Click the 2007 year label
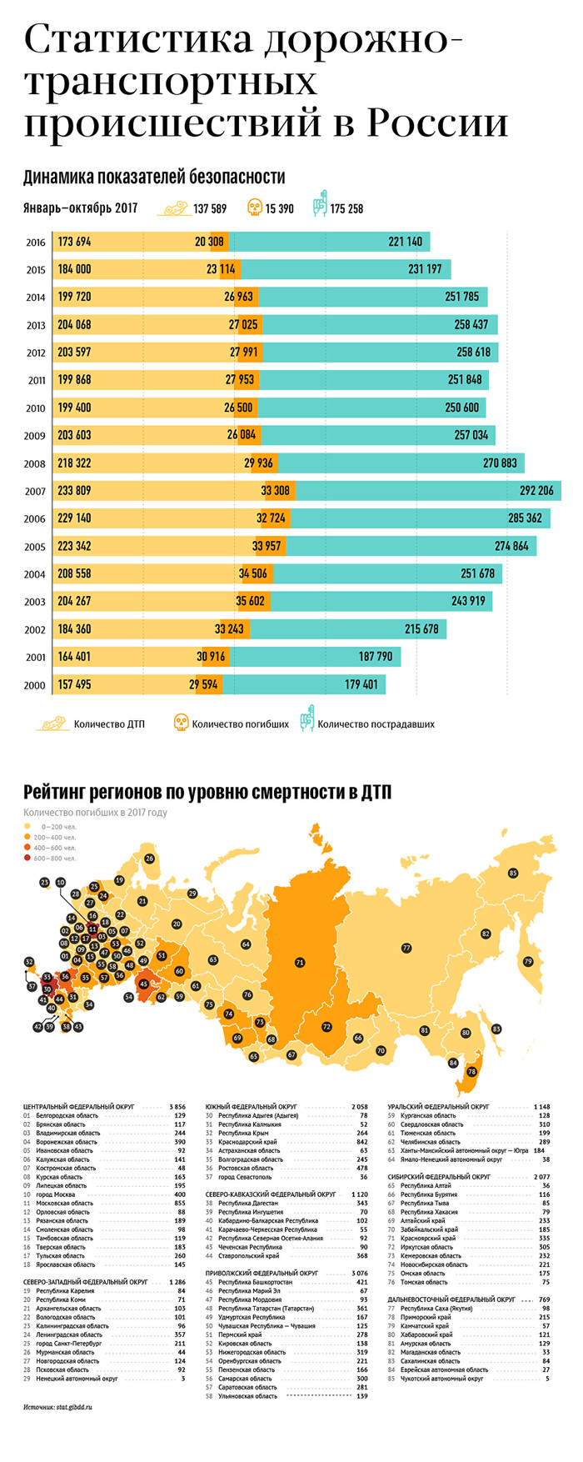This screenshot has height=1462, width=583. pyautogui.click(x=35, y=491)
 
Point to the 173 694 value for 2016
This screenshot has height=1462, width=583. pyautogui.click(x=74, y=242)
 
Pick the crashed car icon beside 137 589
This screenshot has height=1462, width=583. pyautogui.click(x=175, y=208)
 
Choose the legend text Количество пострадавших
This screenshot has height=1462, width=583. pyautogui.click(x=376, y=724)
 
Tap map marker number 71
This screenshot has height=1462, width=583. pyautogui.click(x=299, y=962)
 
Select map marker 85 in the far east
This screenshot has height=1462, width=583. pyautogui.click(x=513, y=873)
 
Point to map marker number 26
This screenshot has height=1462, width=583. pyautogui.click(x=150, y=859)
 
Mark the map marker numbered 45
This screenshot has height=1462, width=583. pyautogui.click(x=143, y=984)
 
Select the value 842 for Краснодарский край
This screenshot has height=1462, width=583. pyautogui.click(x=361, y=1142)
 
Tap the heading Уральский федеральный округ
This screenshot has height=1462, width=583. pyautogui.click(x=439, y=1106)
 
